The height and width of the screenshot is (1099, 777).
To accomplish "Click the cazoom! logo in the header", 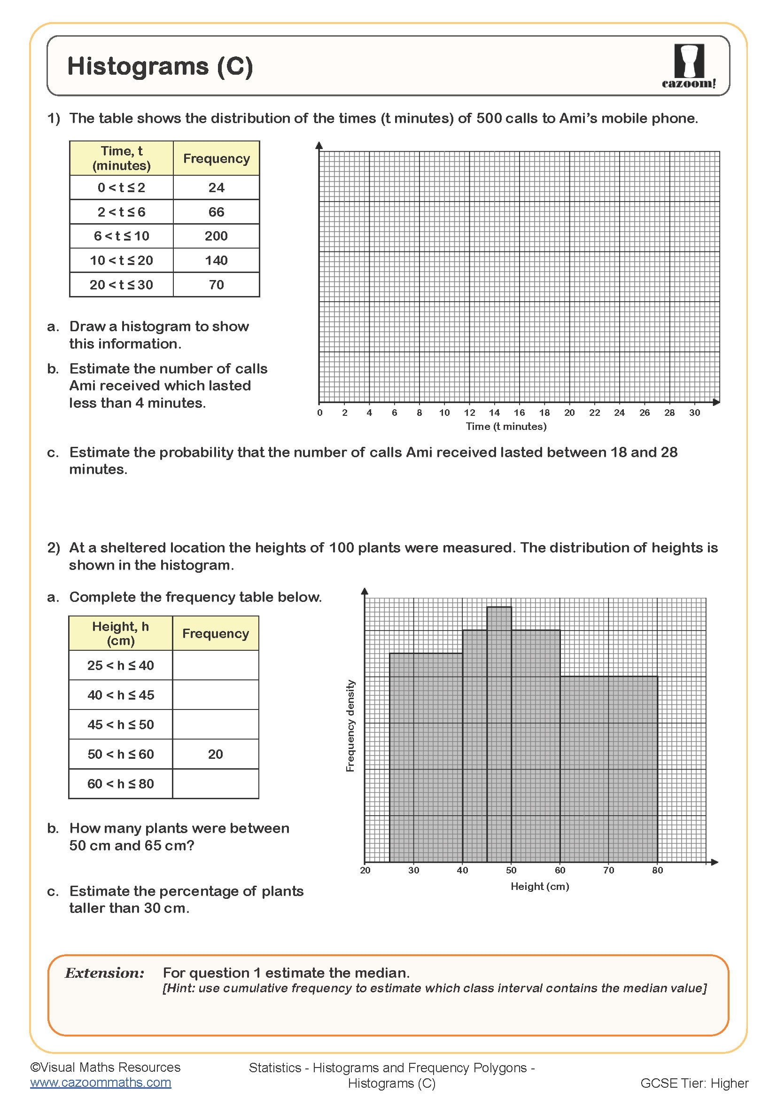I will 689,66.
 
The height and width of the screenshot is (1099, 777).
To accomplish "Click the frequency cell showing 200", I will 216,236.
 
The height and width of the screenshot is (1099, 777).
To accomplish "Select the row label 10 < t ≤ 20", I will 121,260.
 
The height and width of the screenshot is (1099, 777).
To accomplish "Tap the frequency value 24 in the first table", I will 216,187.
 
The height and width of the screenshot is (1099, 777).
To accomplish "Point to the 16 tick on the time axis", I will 519,413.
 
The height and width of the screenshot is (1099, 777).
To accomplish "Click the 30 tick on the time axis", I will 694,413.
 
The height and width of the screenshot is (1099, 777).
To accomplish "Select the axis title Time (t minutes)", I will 506,427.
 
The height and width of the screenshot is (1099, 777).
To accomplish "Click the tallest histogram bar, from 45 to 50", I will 499,733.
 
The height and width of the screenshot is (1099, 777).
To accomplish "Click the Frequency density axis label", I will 350,725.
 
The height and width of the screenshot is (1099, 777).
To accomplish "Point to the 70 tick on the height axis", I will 608,870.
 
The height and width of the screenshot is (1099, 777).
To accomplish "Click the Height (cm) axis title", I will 540,887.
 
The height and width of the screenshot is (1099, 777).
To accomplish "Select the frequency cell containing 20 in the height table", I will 215,755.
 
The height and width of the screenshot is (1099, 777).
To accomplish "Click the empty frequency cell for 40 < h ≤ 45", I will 215,695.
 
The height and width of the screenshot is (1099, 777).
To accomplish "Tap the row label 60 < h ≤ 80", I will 121,784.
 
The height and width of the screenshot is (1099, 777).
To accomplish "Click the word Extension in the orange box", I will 104,974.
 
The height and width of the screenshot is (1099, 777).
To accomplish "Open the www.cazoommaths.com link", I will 101,1083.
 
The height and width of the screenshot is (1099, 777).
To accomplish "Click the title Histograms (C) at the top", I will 160,66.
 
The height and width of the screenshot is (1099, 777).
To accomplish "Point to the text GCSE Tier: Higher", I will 694,1083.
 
